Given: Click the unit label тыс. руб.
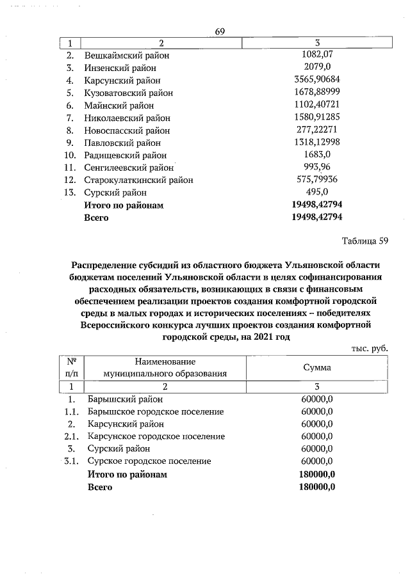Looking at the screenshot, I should tap(370, 348).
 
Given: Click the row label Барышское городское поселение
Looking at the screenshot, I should tap(156, 411).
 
